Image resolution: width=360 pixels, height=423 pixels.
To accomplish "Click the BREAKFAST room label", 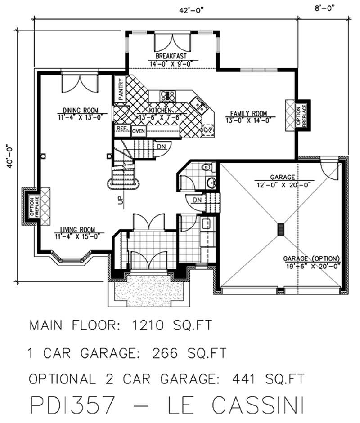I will point(171,56).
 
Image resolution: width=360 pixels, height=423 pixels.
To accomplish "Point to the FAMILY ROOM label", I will point(249,113).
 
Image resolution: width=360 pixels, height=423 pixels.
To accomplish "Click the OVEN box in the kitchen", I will point(139,131).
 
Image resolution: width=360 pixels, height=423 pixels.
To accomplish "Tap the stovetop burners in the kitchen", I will point(168,95).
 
